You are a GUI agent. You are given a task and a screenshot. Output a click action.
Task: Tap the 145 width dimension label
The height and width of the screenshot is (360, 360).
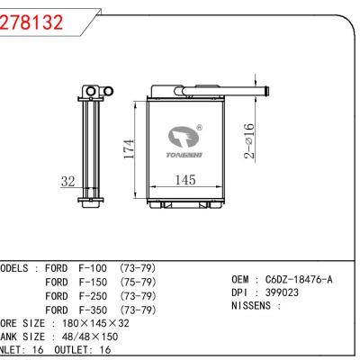[184, 180]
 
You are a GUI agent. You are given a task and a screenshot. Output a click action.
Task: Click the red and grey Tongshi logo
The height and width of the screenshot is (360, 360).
[184, 140]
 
